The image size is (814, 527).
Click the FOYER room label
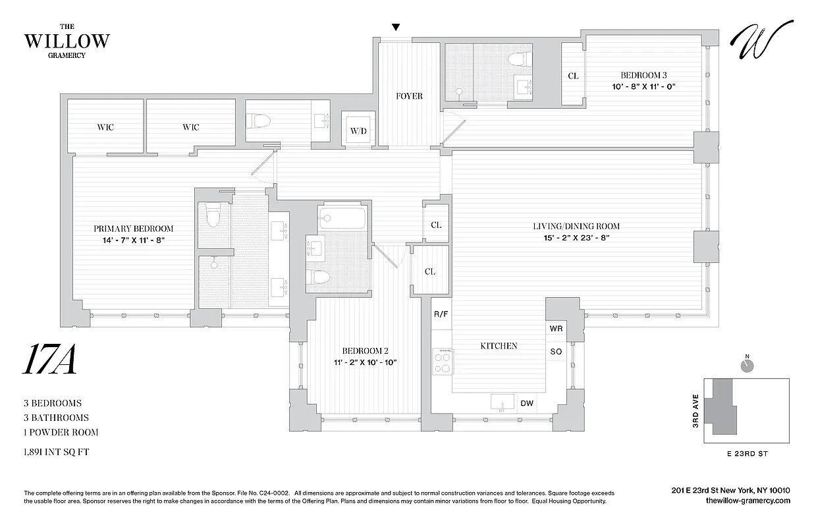pos(409,96)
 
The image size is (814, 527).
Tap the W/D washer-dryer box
pos(358,130)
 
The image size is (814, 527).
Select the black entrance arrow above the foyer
pos(396,27)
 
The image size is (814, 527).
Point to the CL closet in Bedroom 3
pos(573,76)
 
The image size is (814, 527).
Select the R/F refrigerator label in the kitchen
pos(441,314)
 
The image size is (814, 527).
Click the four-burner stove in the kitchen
pos(441,361)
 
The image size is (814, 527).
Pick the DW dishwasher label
pos(527,403)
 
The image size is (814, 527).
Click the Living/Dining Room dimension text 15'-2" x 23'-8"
pos(576,237)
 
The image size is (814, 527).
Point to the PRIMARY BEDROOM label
pos(133,229)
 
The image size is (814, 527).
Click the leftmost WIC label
pos(105,127)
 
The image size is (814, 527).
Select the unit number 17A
pos(50,360)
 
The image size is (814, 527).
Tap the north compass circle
pos(747,366)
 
